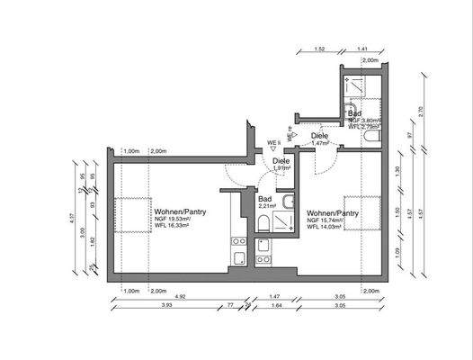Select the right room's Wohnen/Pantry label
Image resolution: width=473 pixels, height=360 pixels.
click(x=333, y=213)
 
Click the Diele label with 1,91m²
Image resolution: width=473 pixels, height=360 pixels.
click(x=280, y=161)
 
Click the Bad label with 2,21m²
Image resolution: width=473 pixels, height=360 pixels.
click(x=265, y=199)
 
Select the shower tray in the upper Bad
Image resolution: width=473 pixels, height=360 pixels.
click(x=359, y=89)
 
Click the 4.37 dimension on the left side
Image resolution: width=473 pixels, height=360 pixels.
click(x=72, y=216)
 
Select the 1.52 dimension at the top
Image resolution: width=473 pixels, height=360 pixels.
click(x=319, y=49)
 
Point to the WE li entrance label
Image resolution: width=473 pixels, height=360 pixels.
click(x=273, y=141)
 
